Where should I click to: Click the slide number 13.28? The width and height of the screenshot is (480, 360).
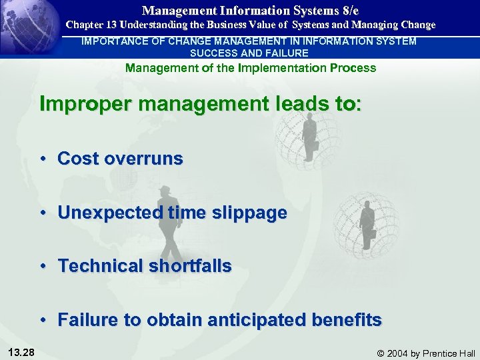(x=23, y=351)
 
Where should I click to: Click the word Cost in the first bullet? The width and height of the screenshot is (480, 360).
(x=78, y=159)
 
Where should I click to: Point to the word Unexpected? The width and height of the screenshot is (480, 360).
(x=110, y=213)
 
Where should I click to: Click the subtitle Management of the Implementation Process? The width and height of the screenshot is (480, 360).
(x=251, y=68)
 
